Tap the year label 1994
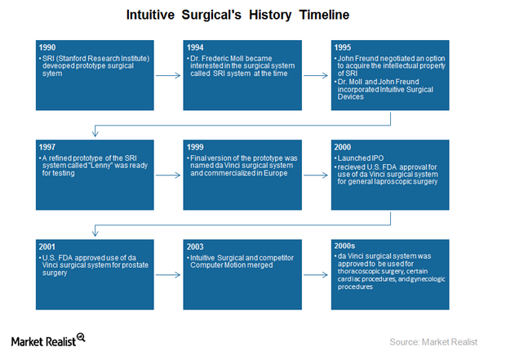coord(194,48)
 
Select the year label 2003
coord(194,245)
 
